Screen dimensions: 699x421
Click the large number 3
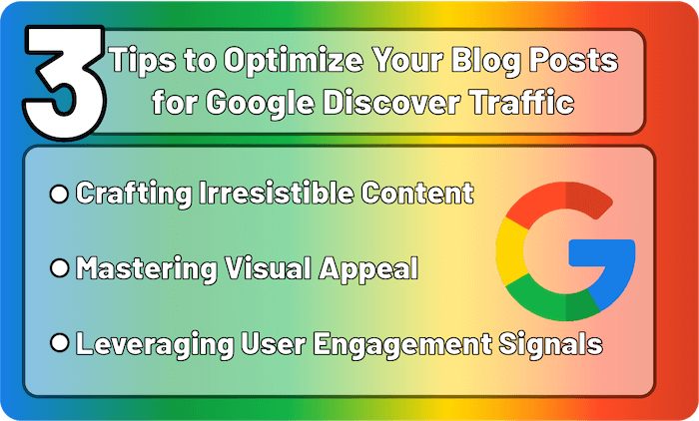pyautogui.click(x=66, y=83)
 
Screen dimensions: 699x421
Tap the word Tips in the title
pyautogui.click(x=143, y=60)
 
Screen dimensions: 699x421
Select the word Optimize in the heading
pyautogui.click(x=293, y=60)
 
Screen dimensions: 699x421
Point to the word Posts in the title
pyautogui.click(x=574, y=60)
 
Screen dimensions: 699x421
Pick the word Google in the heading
pyautogui.click(x=260, y=103)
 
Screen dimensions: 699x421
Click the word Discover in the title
pyautogui.click(x=391, y=102)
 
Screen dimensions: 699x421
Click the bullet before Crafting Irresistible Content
pyautogui.click(x=59, y=195)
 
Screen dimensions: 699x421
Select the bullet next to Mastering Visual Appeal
pyautogui.click(x=59, y=268)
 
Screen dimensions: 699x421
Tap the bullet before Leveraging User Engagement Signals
pyautogui.click(x=59, y=343)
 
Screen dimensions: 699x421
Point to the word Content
pyautogui.click(x=417, y=193)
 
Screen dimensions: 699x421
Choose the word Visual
pyautogui.click(x=267, y=267)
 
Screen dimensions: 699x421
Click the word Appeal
pyautogui.click(x=368, y=269)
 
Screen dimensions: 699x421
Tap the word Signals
pyautogui.click(x=550, y=344)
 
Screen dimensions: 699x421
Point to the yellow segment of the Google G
pyautogui.click(x=511, y=251)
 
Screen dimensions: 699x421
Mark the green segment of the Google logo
pyautogui.click(x=553, y=299)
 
